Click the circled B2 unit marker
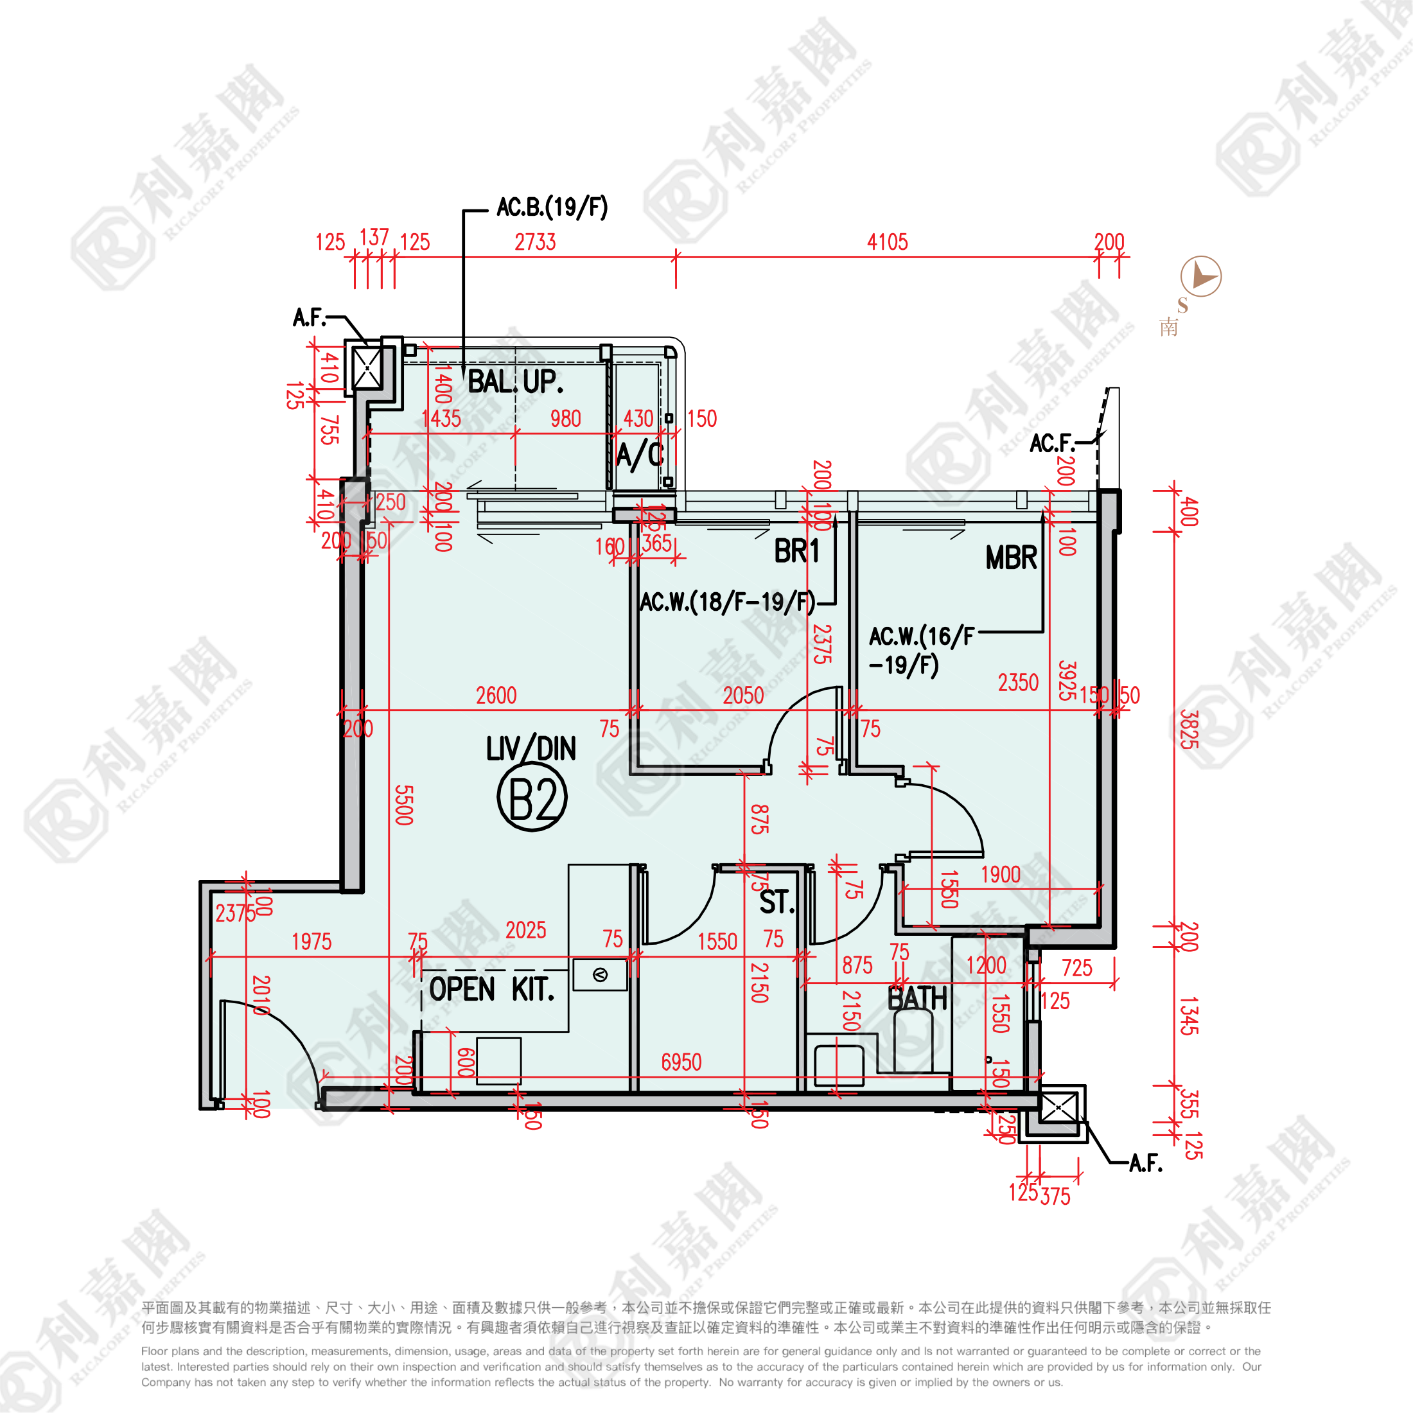(532, 798)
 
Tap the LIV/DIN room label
(531, 748)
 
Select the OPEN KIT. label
(491, 990)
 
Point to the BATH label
(917, 998)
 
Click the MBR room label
(1011, 558)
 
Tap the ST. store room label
(776, 902)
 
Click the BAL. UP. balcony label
(515, 382)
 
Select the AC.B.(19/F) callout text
(552, 207)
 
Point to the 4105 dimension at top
(887, 242)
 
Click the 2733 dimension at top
(534, 242)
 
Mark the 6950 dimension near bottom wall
(681, 1062)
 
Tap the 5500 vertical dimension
(404, 805)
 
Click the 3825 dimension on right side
(1188, 729)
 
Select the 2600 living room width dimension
(496, 696)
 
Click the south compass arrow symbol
(1200, 276)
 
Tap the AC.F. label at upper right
(1051, 443)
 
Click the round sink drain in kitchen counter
(600, 975)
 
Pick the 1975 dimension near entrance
(312, 942)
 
